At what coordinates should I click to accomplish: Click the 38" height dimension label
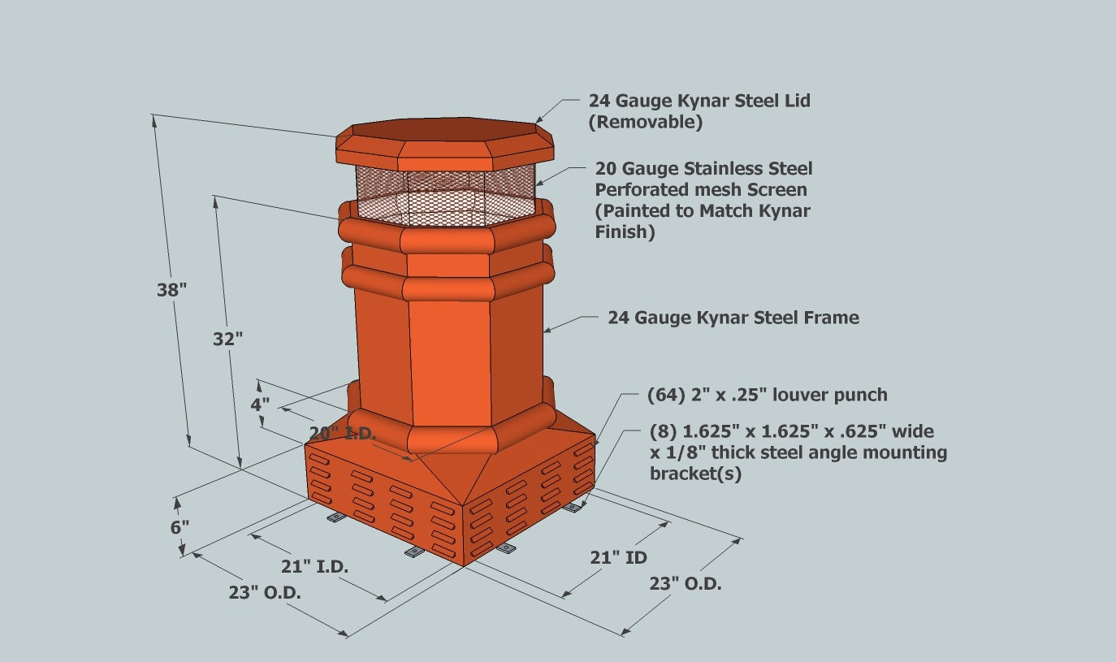(x=171, y=290)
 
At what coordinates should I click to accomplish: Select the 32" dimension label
(x=228, y=340)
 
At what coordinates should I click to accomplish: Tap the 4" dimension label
(x=259, y=403)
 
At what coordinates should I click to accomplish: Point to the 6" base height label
(x=180, y=526)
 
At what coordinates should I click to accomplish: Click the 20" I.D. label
(x=342, y=434)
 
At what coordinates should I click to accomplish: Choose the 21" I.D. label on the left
(x=314, y=566)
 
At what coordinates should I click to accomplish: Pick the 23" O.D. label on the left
(x=265, y=592)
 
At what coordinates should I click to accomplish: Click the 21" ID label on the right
(x=618, y=557)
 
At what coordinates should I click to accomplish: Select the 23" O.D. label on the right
(x=686, y=583)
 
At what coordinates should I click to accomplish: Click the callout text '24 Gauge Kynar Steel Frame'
(x=733, y=318)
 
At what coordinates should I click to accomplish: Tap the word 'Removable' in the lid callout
(x=647, y=123)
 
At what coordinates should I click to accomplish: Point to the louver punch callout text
(x=767, y=396)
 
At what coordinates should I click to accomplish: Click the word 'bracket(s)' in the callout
(x=695, y=474)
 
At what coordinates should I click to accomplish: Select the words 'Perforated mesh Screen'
(x=701, y=190)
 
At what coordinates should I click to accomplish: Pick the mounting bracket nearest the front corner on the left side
(x=415, y=552)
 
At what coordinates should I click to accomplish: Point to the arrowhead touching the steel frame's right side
(x=547, y=329)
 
